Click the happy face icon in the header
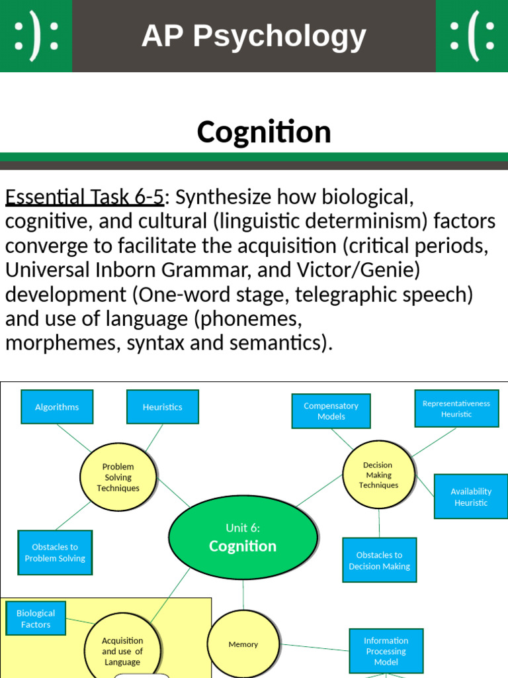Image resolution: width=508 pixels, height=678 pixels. pyautogui.click(x=36, y=36)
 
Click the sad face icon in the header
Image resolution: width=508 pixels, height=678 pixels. pyautogui.click(x=472, y=36)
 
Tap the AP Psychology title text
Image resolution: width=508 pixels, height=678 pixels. pyautogui.click(x=254, y=36)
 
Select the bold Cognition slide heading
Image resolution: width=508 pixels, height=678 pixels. pyautogui.click(x=264, y=132)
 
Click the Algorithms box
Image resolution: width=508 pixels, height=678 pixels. pyautogui.click(x=57, y=407)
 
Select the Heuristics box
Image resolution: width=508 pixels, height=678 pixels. pyautogui.click(x=162, y=407)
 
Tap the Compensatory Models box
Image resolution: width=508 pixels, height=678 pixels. pyautogui.click(x=331, y=411)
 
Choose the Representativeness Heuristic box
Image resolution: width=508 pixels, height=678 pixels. pyautogui.click(x=456, y=409)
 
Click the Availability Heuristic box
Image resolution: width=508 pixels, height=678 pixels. pyautogui.click(x=471, y=497)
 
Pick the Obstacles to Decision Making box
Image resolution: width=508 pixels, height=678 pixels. pyautogui.click(x=379, y=560)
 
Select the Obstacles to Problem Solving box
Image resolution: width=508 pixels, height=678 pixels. pyautogui.click(x=55, y=552)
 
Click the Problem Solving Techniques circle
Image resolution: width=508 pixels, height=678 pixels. pyautogui.click(x=118, y=477)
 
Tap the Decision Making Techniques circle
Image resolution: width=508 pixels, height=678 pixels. pyautogui.click(x=378, y=475)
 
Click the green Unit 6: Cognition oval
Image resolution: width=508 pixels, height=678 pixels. pyautogui.click(x=243, y=537)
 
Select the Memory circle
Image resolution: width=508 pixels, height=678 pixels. pyautogui.click(x=243, y=644)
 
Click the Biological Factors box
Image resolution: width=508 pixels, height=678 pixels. pyautogui.click(x=36, y=618)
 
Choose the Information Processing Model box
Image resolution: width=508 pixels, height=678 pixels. pyautogui.click(x=386, y=651)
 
